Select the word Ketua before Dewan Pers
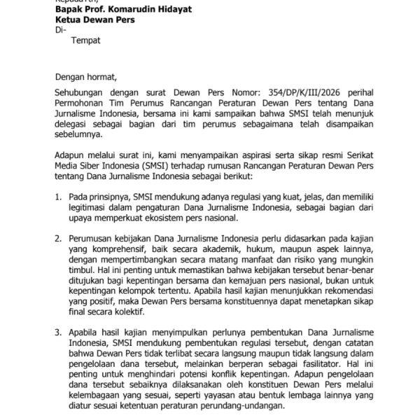[x=71, y=22]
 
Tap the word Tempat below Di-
[x=86, y=42]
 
